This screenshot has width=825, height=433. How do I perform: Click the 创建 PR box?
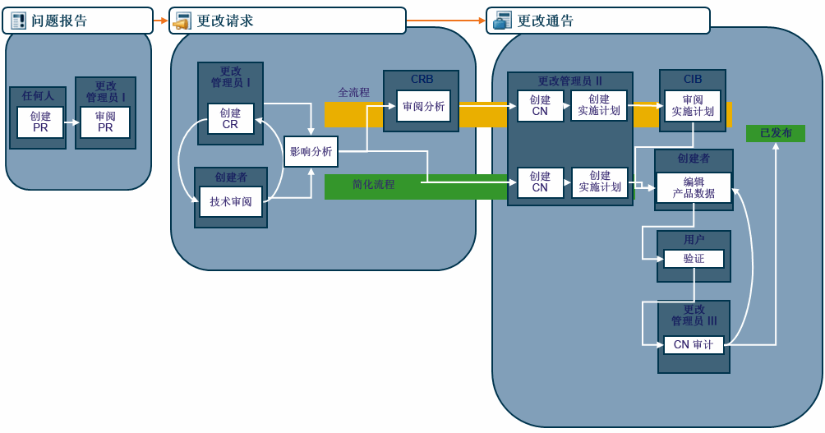(40, 122)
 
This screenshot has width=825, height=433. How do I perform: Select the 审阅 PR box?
(105, 122)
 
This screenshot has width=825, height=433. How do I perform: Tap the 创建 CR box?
(231, 119)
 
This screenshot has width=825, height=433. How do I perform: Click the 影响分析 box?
(311, 152)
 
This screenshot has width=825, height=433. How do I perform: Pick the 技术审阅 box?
(231, 202)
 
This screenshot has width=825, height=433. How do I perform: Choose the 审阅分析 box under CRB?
(424, 107)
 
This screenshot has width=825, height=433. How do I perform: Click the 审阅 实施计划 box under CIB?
(693, 106)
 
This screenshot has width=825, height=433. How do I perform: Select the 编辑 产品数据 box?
(694, 188)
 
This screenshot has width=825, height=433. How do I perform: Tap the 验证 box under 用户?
(694, 259)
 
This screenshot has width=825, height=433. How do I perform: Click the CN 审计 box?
(694, 345)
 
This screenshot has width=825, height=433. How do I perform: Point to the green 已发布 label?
(776, 133)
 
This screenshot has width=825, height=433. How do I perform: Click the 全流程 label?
(354, 93)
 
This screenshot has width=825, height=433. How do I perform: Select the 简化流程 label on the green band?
(374, 185)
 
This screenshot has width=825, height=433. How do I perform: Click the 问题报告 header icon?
(18, 21)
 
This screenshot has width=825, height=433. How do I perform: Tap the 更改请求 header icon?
(182, 21)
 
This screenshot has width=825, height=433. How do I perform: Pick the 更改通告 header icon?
(502, 21)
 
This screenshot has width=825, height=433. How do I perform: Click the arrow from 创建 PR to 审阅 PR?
(71, 122)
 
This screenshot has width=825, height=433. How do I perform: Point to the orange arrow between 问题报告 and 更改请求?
(160, 21)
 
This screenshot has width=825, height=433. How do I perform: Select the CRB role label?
(422, 80)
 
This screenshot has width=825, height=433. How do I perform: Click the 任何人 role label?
(38, 96)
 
